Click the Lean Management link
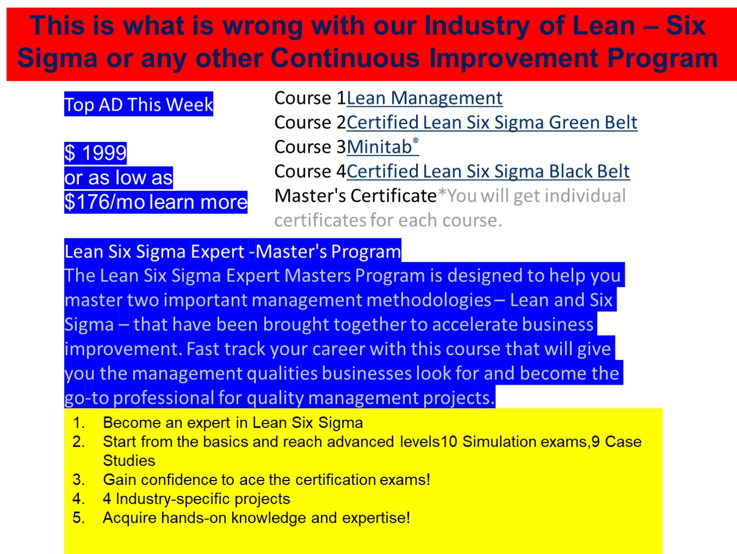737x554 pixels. point(424,98)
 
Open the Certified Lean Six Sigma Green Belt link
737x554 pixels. point(492,122)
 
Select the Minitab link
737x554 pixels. point(383,146)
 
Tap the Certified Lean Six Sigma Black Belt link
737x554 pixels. point(488,172)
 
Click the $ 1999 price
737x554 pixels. point(95,153)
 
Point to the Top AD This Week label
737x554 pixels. point(139,105)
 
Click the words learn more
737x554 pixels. point(198,202)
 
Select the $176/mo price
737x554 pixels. point(105,202)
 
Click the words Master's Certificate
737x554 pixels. point(355,196)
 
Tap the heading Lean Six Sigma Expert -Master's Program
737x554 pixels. point(233,252)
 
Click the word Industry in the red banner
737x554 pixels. point(477,26)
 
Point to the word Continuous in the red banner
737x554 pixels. point(345,58)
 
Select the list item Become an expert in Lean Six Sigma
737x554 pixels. point(233,422)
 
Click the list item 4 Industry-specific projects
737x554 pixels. point(197,499)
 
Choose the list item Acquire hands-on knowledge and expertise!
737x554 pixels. point(256,518)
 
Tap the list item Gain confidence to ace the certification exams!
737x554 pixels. point(267,480)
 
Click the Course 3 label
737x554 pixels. point(310,147)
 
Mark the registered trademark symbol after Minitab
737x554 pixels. point(416,140)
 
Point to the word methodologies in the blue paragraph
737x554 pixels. point(371,300)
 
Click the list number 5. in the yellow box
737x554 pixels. point(78,518)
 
